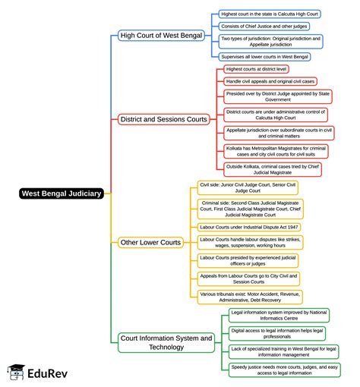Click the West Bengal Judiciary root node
pyautogui.click(x=60, y=193)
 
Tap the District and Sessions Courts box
pyautogui.click(x=163, y=119)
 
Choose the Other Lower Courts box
pyautogui.click(x=150, y=242)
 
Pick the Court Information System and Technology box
pyautogui.click(x=166, y=341)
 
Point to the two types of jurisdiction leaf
pyautogui.click(x=270, y=41)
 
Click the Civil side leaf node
pyautogui.click(x=248, y=187)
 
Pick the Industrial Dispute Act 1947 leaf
pyautogui.click(x=248, y=226)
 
